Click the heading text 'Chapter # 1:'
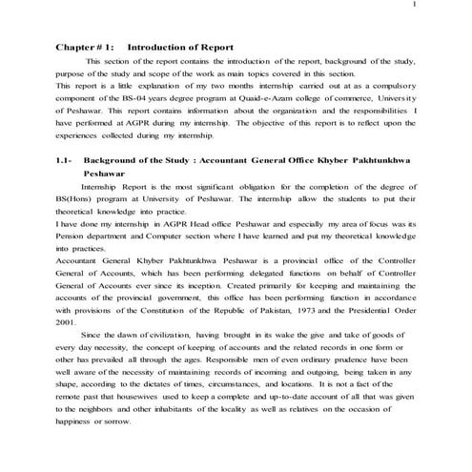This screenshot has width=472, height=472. click(85, 47)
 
